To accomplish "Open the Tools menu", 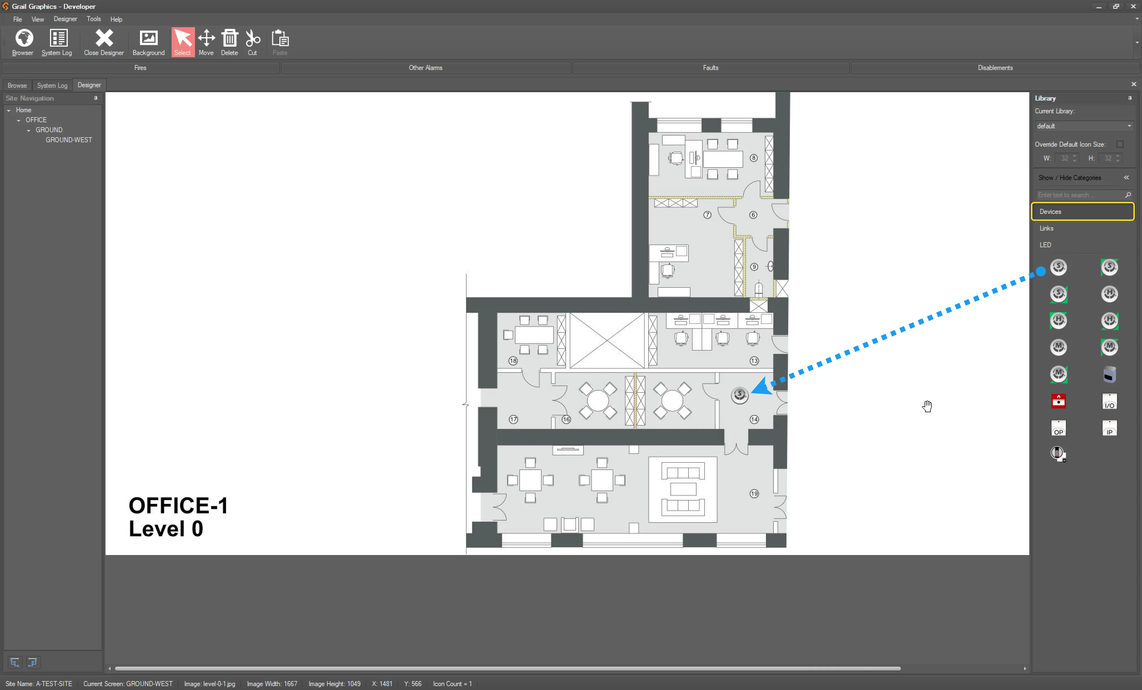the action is click(94, 19).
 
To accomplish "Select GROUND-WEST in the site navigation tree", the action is click(69, 140).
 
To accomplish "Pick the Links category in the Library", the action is click(1046, 228).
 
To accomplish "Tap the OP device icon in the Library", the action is click(1059, 428).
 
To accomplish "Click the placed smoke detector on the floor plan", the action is click(740, 395).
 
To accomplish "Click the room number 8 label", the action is click(754, 158).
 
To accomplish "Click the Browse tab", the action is click(17, 85).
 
